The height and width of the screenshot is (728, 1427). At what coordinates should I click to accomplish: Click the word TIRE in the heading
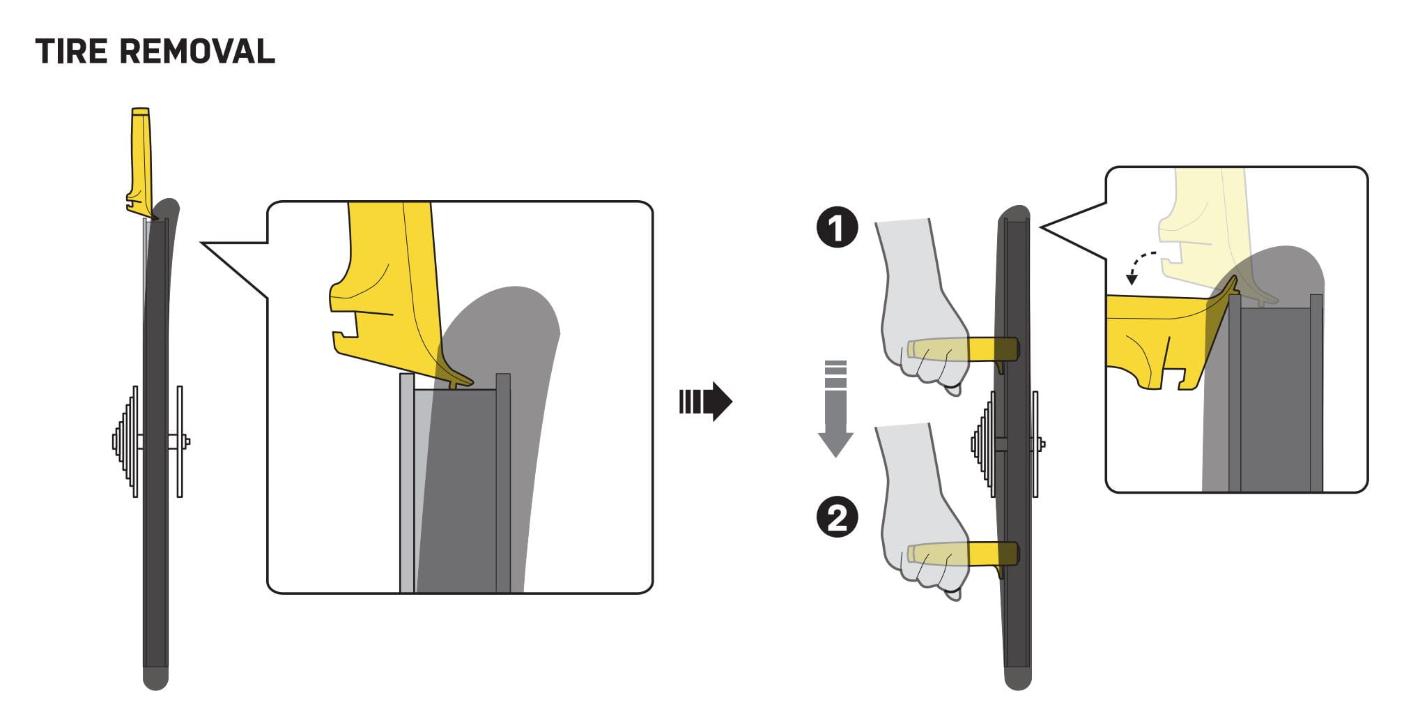[71, 52]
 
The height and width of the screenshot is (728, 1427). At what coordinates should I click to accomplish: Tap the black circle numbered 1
[837, 228]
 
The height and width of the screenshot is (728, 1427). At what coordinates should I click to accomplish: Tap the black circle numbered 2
[837, 518]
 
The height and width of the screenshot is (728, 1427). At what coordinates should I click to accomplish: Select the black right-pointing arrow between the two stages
[705, 402]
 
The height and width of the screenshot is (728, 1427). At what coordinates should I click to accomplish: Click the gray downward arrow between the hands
[835, 408]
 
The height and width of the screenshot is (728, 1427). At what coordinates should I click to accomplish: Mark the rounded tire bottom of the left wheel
[155, 678]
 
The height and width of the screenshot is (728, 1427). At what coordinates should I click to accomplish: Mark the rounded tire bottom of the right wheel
[1018, 678]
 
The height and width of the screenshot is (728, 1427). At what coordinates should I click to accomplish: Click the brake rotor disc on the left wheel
[180, 441]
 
